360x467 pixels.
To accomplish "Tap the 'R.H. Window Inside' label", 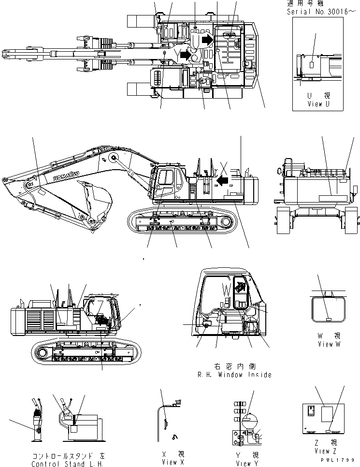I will click(234, 374).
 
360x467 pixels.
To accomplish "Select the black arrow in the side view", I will click(222, 181).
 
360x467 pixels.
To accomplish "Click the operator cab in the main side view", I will click(168, 183).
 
